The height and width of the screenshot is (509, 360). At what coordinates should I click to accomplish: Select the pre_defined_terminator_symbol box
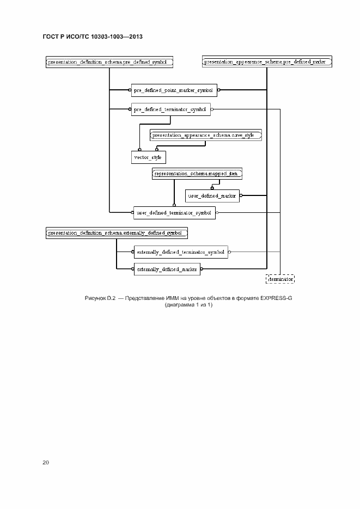170,109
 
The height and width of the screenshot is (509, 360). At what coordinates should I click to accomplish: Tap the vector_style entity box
149,157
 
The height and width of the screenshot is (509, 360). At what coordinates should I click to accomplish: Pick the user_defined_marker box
212,195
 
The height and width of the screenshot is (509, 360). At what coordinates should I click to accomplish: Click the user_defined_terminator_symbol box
174,212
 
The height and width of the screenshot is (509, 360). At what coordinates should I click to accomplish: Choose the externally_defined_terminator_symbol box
180,252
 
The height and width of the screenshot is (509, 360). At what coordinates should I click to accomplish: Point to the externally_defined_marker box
167,268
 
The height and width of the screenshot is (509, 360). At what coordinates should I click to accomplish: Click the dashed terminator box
280,279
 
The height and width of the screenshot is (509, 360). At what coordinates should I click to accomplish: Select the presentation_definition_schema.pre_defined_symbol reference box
109,62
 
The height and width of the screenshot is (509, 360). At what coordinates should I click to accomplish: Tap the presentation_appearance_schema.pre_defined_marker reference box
266,62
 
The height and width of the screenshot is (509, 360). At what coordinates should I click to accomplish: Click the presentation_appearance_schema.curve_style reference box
206,134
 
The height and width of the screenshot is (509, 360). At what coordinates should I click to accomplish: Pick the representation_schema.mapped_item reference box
197,174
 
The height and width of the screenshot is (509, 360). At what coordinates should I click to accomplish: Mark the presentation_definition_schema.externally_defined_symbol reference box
117,233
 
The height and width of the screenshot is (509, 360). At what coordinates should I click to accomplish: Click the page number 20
46,462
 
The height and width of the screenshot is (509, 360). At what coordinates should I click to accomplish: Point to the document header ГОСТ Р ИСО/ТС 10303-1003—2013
93,37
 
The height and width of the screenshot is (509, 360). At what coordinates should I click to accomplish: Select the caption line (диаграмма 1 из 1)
188,305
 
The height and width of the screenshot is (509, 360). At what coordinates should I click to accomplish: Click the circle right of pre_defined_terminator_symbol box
212,109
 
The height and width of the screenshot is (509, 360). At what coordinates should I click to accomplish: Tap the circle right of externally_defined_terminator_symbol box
230,252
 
